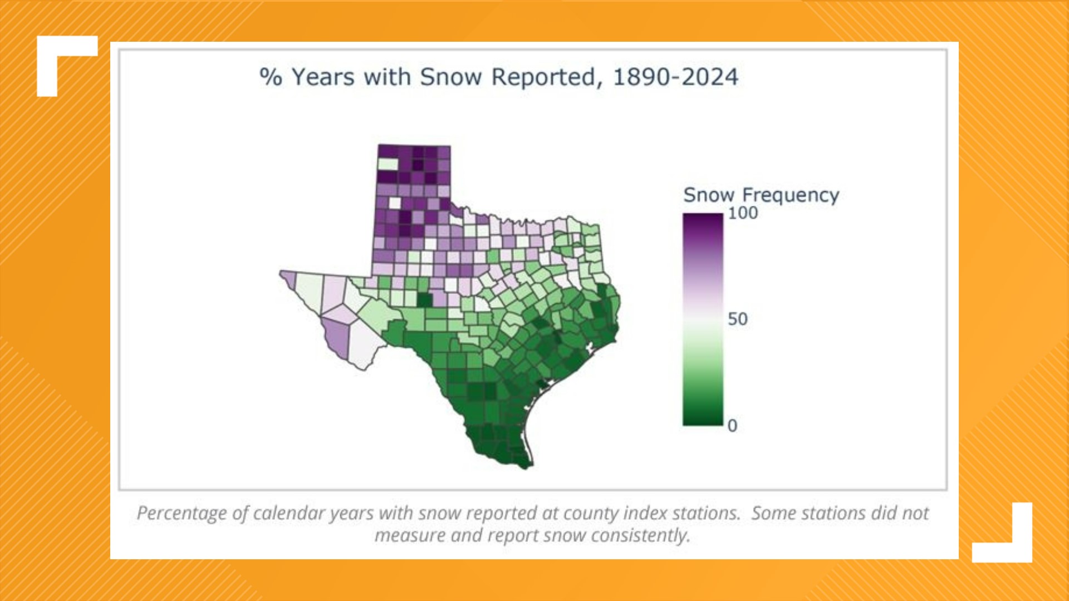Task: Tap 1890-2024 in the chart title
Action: click(675, 77)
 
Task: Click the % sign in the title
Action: click(271, 77)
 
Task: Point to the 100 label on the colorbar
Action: click(743, 213)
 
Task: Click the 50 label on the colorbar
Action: click(738, 319)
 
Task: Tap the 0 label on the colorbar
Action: click(732, 426)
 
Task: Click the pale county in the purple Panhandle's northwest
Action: click(388, 164)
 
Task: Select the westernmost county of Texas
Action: click(289, 278)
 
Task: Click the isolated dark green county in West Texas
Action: click(424, 300)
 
